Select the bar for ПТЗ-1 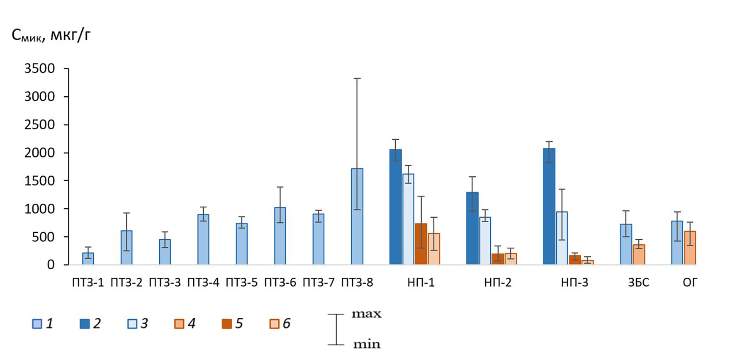tap(88, 259)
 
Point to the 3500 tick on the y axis tap(40, 68)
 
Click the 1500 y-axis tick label tap(40, 181)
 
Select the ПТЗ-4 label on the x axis tap(203, 283)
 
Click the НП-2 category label tap(498, 283)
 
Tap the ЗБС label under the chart tap(638, 283)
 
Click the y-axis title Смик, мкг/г tap(51, 36)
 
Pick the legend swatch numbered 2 tap(85, 324)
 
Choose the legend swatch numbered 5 tap(227, 324)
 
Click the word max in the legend tap(366, 314)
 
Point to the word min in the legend tap(366, 344)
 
